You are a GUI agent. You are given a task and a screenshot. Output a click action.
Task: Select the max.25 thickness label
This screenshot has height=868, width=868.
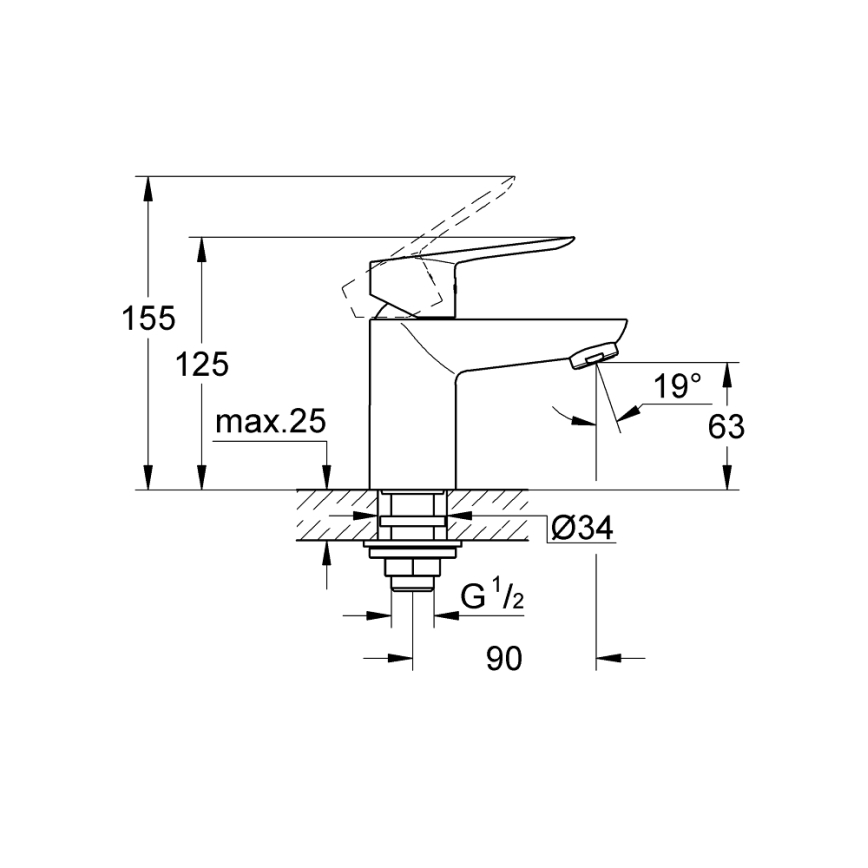point(271,423)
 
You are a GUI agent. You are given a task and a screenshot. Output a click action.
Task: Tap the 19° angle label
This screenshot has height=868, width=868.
point(678,387)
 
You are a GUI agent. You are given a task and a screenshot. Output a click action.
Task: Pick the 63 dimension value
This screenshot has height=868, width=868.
point(726,427)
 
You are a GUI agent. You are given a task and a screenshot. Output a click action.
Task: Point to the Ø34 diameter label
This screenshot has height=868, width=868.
point(581,529)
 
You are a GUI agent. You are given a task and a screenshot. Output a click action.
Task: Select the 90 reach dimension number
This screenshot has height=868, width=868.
point(505,658)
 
